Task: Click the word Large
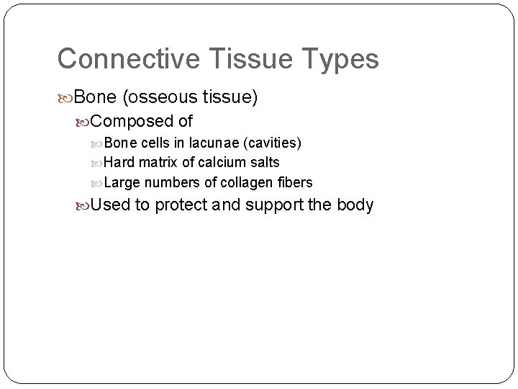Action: click(x=122, y=183)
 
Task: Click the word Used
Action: click(x=111, y=205)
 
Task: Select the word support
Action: click(x=275, y=206)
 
